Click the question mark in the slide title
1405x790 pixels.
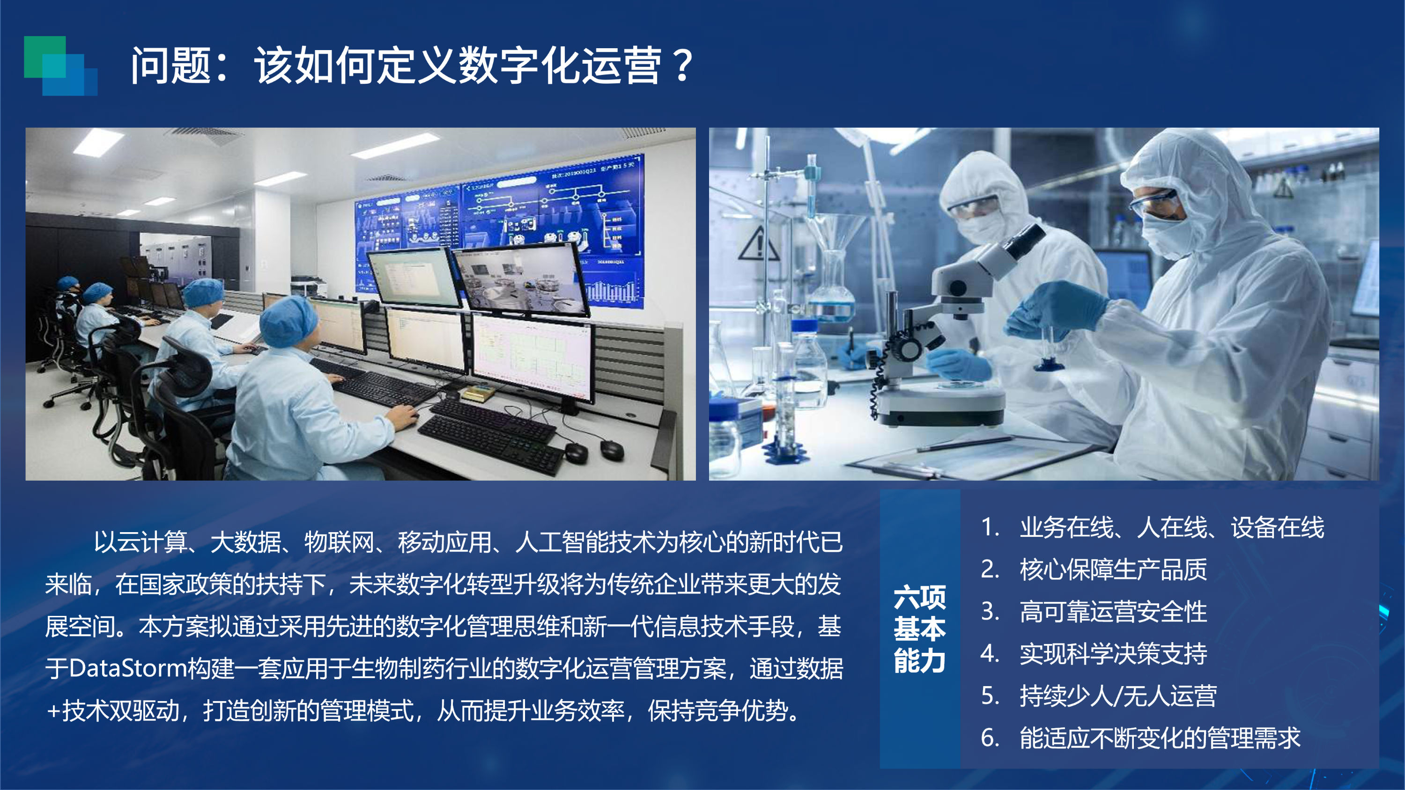682,66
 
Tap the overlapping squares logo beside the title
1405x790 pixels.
60,66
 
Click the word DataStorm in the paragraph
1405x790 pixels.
128,668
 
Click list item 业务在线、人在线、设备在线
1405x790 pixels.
1172,527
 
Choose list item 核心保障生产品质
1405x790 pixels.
1113,569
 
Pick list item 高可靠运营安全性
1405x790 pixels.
1113,611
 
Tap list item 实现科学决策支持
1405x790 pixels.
1113,653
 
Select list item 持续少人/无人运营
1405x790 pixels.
1118,695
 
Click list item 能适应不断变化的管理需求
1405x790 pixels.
1160,738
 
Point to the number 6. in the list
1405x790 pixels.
990,738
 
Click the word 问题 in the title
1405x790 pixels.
170,66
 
